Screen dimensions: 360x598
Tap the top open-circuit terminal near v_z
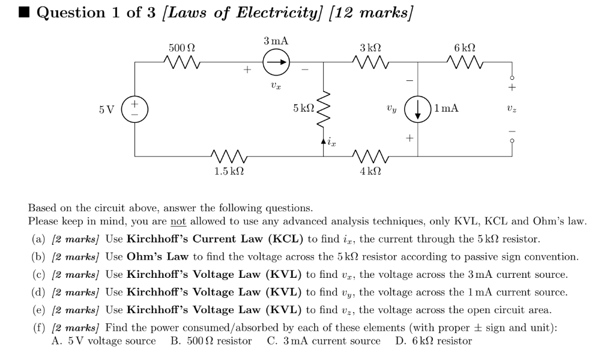point(512,78)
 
